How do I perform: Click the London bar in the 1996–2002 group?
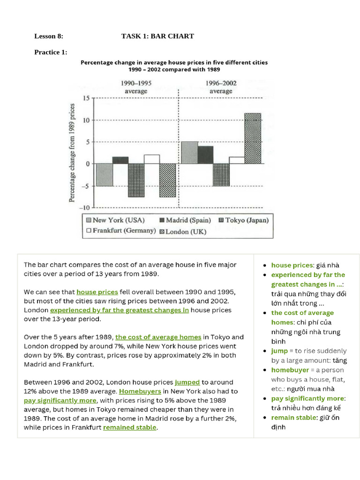click(x=253, y=138)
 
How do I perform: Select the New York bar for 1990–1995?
click(x=104, y=175)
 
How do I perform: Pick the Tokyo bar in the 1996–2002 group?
click(x=221, y=175)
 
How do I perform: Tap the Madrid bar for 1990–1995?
click(x=120, y=160)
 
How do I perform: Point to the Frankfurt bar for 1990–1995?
click(x=152, y=159)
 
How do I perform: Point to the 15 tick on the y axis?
click(x=85, y=98)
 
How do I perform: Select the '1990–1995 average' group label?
click(x=136, y=87)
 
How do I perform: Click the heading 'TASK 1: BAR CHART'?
click(x=157, y=36)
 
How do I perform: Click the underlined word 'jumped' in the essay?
click(x=187, y=382)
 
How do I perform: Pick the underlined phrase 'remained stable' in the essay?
click(x=130, y=427)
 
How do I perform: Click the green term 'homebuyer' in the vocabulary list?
click(x=290, y=370)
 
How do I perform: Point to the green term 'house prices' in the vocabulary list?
click(x=292, y=265)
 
